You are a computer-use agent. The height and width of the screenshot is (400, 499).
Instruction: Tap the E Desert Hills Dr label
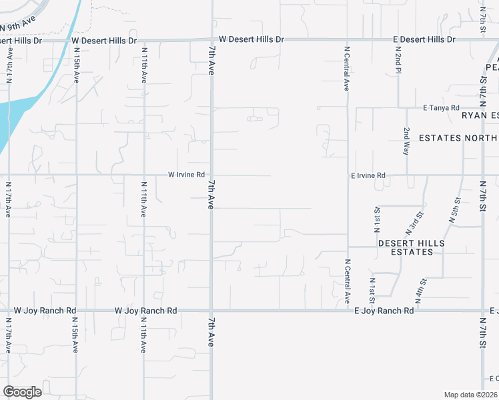point(423,40)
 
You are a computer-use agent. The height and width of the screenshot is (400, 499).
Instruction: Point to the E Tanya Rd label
point(441,107)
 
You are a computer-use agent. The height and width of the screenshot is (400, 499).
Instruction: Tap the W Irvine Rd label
point(186,175)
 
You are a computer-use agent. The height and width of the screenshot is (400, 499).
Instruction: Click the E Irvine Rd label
point(368,175)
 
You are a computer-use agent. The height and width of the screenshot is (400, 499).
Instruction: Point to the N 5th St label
point(456,209)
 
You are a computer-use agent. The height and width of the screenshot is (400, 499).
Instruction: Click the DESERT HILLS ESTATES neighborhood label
point(411,247)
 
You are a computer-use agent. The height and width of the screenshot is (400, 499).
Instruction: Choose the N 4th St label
point(422,287)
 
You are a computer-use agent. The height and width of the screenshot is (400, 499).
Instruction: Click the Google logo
point(22,391)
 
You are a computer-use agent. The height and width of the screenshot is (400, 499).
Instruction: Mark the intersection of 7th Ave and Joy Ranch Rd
point(211,311)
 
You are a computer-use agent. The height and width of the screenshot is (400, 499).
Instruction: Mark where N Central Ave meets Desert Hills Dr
point(347,41)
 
